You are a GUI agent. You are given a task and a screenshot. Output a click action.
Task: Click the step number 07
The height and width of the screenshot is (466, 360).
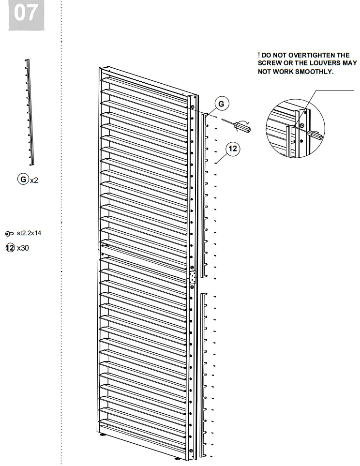[x=26, y=14]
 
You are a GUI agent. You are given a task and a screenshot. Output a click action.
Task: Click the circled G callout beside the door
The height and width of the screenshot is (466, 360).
[x=221, y=104]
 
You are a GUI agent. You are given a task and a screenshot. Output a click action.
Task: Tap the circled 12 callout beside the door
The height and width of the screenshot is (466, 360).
[x=233, y=149]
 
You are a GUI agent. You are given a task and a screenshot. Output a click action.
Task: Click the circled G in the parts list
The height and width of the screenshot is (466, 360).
[x=22, y=180]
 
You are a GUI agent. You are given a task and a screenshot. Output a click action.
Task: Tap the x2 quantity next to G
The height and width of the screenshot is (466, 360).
[x=34, y=180]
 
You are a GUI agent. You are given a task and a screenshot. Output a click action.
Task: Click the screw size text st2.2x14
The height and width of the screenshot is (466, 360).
[x=29, y=233]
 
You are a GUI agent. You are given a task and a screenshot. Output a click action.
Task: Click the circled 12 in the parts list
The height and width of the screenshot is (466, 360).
[x=10, y=248]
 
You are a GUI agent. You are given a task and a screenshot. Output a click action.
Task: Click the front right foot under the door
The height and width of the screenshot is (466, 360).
[x=178, y=458]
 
